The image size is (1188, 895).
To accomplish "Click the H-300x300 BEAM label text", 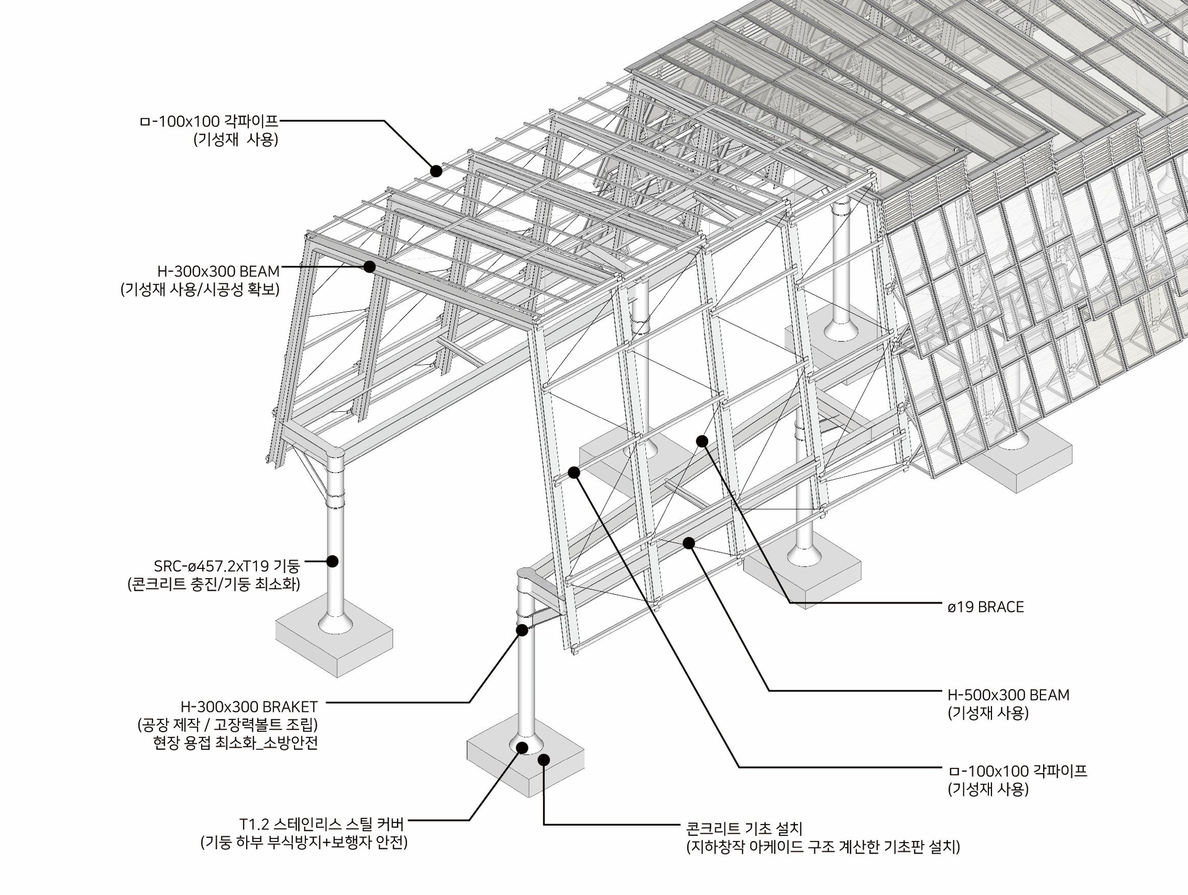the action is point(218,271).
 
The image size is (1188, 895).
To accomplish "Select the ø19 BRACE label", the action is point(985,607).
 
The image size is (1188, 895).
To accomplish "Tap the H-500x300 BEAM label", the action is point(1008,695).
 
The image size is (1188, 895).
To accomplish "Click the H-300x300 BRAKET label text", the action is point(249,707).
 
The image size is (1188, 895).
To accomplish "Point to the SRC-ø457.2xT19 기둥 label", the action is point(227,566).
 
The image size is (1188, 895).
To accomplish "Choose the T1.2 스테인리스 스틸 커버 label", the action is point(321,824).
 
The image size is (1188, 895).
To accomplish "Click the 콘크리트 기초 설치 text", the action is point(744,829).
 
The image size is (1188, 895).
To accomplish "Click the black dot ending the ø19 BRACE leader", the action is point(702,441).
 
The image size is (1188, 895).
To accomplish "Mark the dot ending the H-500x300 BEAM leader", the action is point(689,543).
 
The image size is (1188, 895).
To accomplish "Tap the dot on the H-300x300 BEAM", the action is point(370,266).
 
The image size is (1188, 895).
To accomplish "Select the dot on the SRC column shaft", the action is point(332,561).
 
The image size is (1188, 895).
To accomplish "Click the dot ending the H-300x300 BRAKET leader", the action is point(521,630).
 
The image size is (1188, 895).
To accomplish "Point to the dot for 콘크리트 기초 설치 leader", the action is point(544,760).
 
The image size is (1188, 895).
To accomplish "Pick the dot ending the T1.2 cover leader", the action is point(521,747).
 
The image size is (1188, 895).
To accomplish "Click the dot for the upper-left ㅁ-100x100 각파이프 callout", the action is point(436,171).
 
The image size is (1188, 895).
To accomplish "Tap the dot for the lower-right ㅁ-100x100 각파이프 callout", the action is point(574,473).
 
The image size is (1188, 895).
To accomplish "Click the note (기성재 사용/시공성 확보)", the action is point(200,290).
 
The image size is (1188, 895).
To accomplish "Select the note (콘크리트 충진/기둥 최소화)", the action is point(214,584).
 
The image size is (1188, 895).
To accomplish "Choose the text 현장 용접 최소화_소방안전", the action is point(235,743).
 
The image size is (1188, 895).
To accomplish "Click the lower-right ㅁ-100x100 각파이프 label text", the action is point(1017,772).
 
